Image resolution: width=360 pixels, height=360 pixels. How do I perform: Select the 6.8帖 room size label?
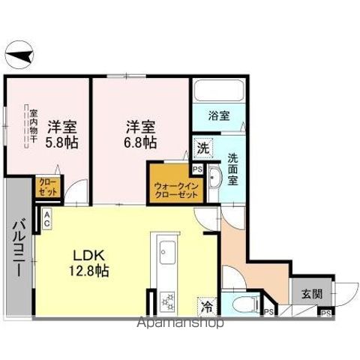coord(140,142)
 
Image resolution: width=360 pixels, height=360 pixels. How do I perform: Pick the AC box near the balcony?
coord(46,218)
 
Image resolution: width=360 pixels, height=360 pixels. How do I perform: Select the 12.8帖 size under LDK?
coord(90,271)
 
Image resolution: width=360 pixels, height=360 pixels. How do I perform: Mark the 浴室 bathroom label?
coord(219,117)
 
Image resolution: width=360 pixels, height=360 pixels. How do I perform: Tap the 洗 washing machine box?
coord(203,148)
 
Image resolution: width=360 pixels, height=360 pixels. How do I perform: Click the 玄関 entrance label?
coord(303,294)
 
